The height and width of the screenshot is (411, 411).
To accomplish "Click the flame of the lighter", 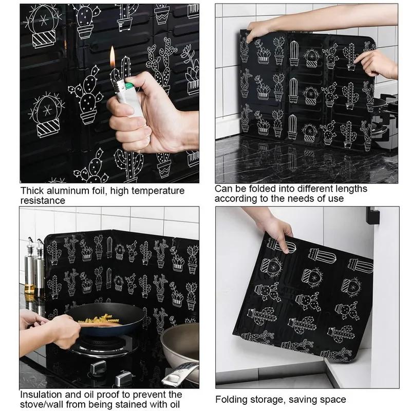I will click(113, 57).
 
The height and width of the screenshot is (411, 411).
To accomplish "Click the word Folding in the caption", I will click(231, 399).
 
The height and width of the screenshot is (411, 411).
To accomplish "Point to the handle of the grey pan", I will click(182, 373).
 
